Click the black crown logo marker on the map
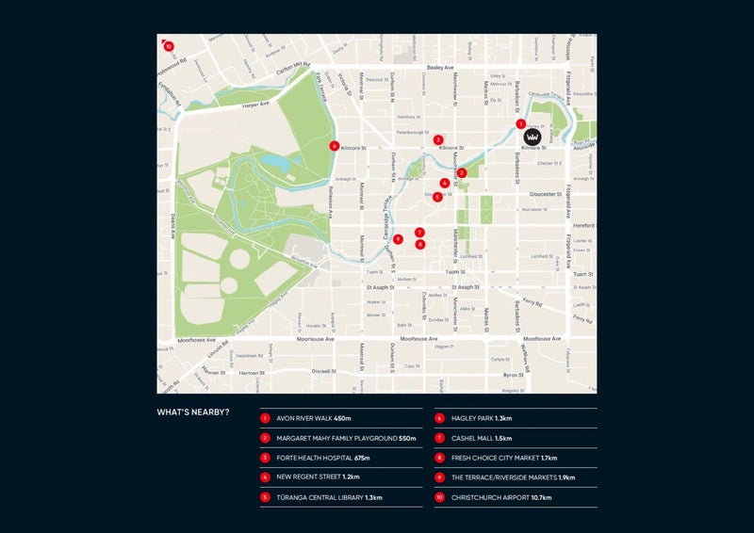pyautogui.click(x=533, y=137)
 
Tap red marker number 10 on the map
pyautogui.click(x=168, y=45)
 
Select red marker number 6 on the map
pyautogui.click(x=335, y=146)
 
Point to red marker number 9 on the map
pyautogui.click(x=399, y=239)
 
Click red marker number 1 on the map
pyautogui.click(x=520, y=123)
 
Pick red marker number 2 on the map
pyautogui.click(x=462, y=172)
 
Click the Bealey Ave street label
pyautogui.click(x=441, y=68)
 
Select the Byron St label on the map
pyautogui.click(x=539, y=374)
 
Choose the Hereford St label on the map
pyautogui.click(x=582, y=225)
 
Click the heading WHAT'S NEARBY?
pyautogui.click(x=193, y=412)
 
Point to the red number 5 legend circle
pyautogui.click(x=266, y=497)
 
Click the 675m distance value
pyautogui.click(x=360, y=458)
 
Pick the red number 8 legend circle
pyautogui.click(x=440, y=458)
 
